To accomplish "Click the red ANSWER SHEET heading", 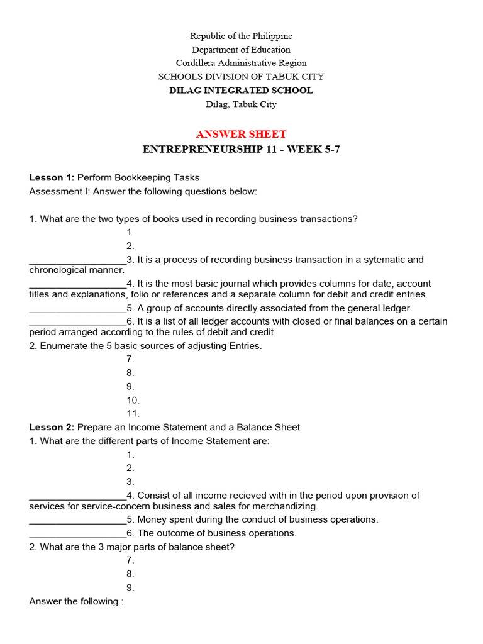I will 241,134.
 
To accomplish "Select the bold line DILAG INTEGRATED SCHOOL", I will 241,91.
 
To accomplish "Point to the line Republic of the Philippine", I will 241,36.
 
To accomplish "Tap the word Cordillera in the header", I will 197,63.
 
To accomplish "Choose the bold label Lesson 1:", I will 52,177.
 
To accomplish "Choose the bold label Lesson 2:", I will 52,427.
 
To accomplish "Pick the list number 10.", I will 133,400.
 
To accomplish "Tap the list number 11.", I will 133,414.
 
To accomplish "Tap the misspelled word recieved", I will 257,496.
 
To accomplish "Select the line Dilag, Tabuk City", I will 241,104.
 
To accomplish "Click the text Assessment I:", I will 60,191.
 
